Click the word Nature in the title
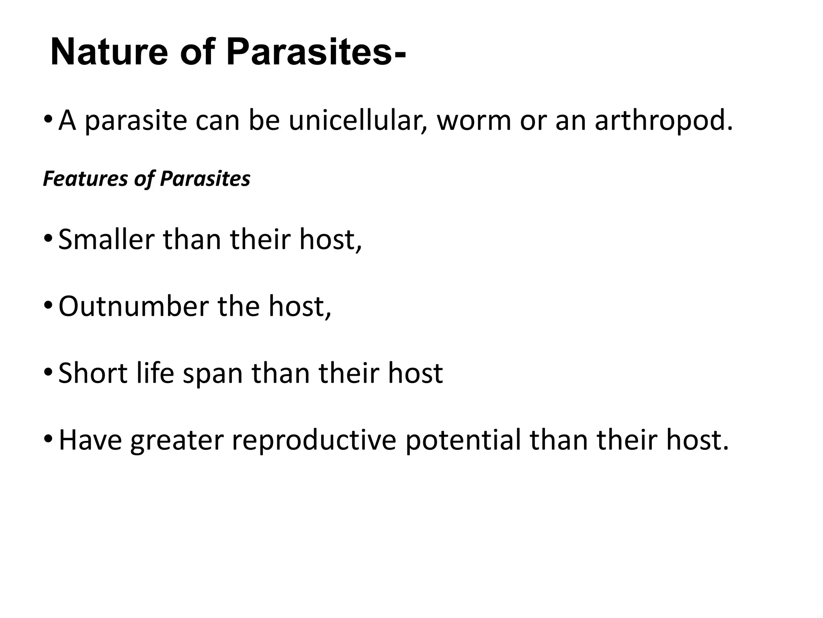click(109, 53)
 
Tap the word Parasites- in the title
click(316, 53)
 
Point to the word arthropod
click(663, 120)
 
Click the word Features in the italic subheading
click(84, 179)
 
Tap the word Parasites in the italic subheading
click(205, 179)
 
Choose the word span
click(213, 374)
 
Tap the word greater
click(177, 440)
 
